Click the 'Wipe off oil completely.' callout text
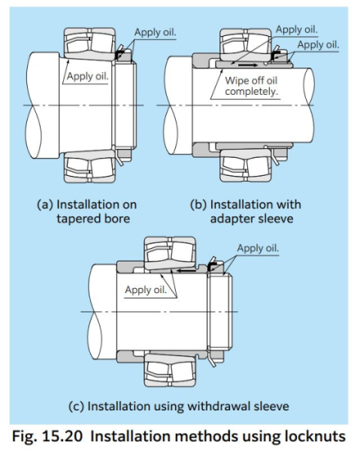pos(251,86)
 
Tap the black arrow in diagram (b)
pos(248,65)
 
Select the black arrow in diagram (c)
pos(186,271)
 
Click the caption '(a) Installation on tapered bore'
pos(87,211)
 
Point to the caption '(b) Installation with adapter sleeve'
pos(246,211)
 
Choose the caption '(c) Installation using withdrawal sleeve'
pos(179,406)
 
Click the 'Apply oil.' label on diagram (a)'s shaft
pos(87,76)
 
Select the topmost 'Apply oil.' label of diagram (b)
pos(297,29)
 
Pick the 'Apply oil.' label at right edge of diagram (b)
pos(318,44)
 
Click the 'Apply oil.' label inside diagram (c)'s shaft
pos(146,289)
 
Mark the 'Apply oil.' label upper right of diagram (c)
pos(258,248)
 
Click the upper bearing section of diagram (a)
pos(89,44)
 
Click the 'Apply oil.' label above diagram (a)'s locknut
pos(156,32)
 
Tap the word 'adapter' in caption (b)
pos(228,219)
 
